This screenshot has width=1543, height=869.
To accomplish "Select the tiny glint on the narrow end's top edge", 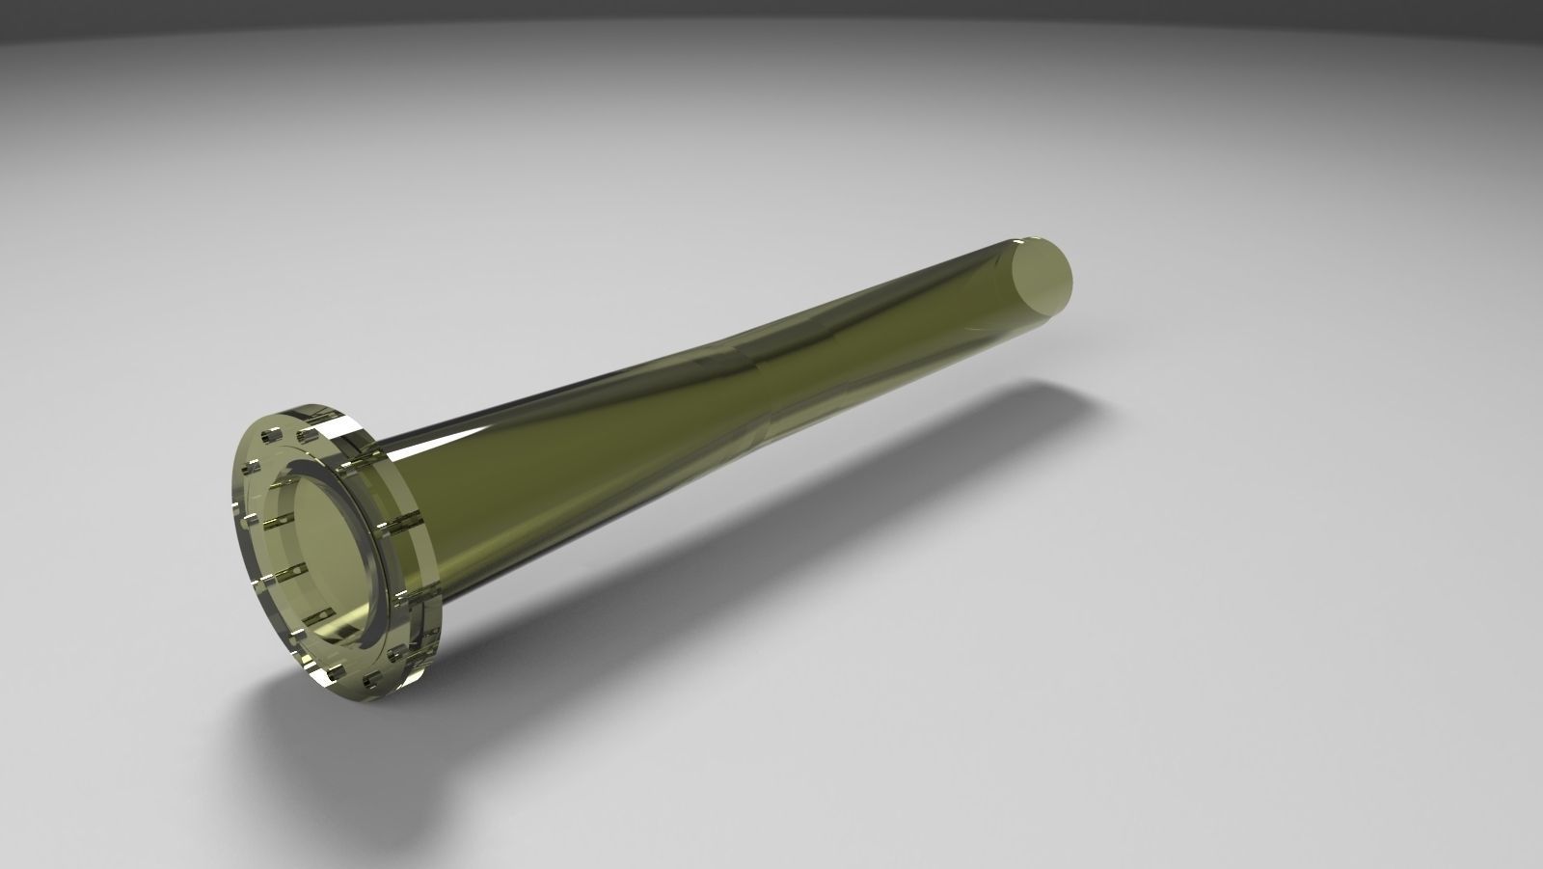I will (x=1022, y=238).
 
